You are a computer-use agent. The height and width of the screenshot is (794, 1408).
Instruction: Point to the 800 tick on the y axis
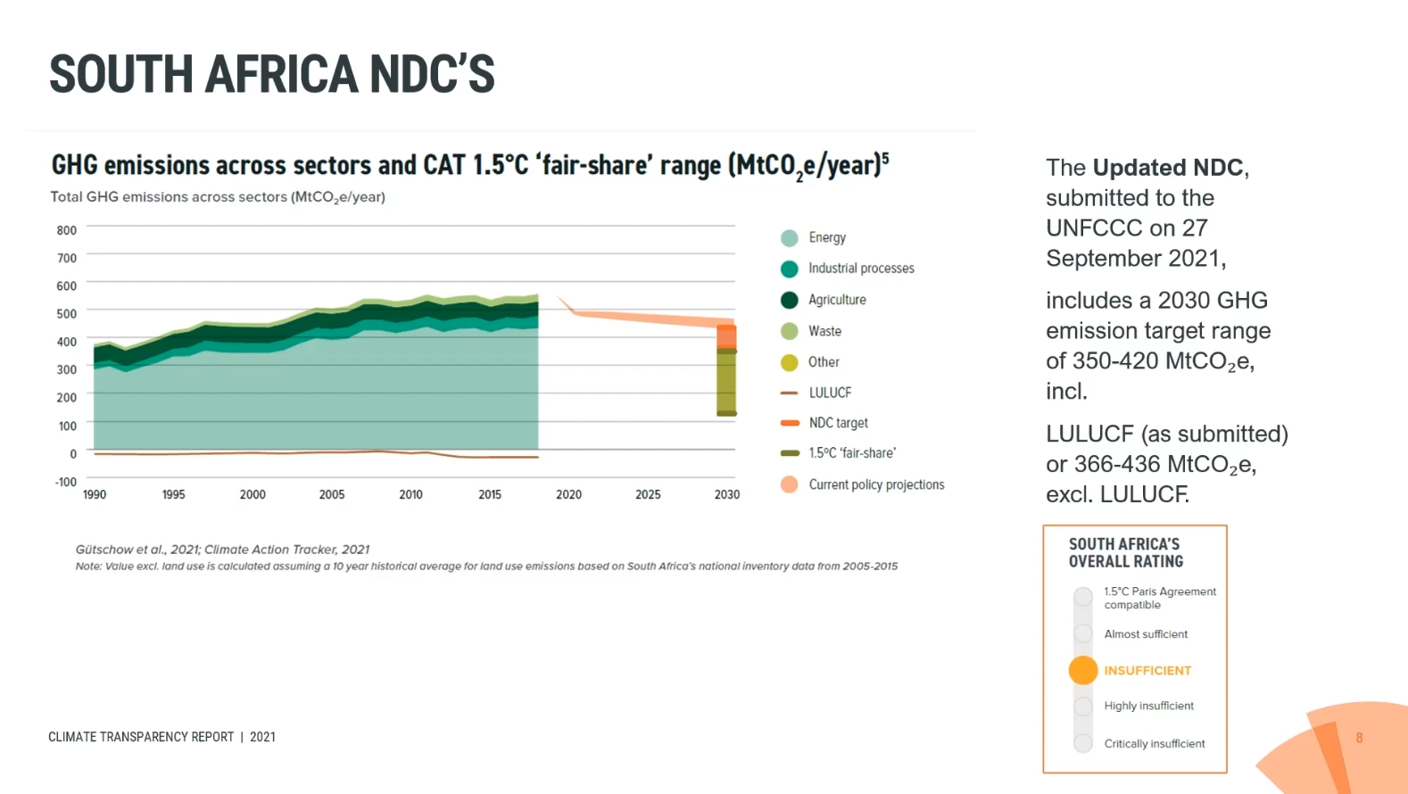[67, 230]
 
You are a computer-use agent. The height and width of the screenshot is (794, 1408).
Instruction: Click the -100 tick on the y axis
[66, 482]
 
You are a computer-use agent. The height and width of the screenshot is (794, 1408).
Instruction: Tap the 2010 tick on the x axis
[410, 494]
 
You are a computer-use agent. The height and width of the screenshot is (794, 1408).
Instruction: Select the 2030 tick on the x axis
[726, 494]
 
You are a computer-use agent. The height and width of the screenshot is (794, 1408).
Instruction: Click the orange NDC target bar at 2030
[727, 336]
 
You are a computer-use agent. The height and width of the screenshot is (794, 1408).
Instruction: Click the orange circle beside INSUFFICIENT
[1082, 670]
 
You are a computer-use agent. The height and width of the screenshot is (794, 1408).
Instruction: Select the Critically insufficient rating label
[1154, 744]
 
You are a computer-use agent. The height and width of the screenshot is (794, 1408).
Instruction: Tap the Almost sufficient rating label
[1146, 634]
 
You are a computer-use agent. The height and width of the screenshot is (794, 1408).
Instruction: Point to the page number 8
[1359, 738]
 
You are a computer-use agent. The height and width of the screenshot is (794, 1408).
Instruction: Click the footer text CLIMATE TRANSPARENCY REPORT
[141, 737]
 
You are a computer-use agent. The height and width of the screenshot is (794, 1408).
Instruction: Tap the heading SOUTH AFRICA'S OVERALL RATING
[1125, 553]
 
